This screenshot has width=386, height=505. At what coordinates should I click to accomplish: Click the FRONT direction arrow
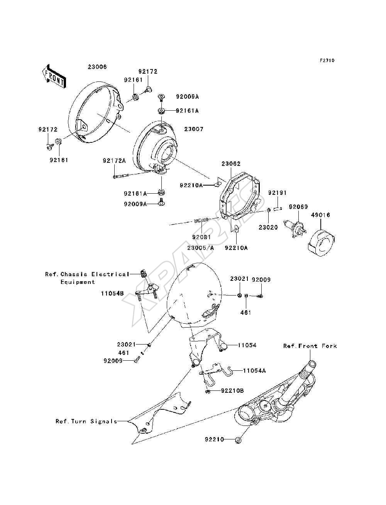(x=54, y=76)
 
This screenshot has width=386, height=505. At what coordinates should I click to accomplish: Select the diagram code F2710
(x=327, y=61)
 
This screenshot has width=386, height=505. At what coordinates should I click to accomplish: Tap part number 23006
(x=97, y=67)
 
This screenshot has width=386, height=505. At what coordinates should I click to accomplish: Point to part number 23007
(x=194, y=129)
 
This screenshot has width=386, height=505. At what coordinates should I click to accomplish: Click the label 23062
(x=231, y=164)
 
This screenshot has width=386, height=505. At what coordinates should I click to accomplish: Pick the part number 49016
(x=320, y=215)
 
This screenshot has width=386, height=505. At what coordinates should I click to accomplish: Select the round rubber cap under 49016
(x=321, y=243)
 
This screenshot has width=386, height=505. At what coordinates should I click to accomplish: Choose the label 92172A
(x=114, y=160)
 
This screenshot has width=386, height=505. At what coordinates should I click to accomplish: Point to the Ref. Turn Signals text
(x=86, y=421)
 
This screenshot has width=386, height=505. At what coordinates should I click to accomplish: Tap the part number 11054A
(x=254, y=371)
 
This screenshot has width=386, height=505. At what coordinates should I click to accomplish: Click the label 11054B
(x=112, y=293)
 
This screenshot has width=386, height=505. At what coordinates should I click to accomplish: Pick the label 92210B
(x=232, y=391)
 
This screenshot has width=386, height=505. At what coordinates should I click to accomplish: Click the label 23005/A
(x=200, y=248)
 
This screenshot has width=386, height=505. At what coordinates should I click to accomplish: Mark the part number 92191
(x=277, y=193)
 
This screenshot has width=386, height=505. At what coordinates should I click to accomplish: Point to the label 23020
(x=268, y=227)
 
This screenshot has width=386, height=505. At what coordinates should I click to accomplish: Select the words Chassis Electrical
(x=95, y=274)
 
